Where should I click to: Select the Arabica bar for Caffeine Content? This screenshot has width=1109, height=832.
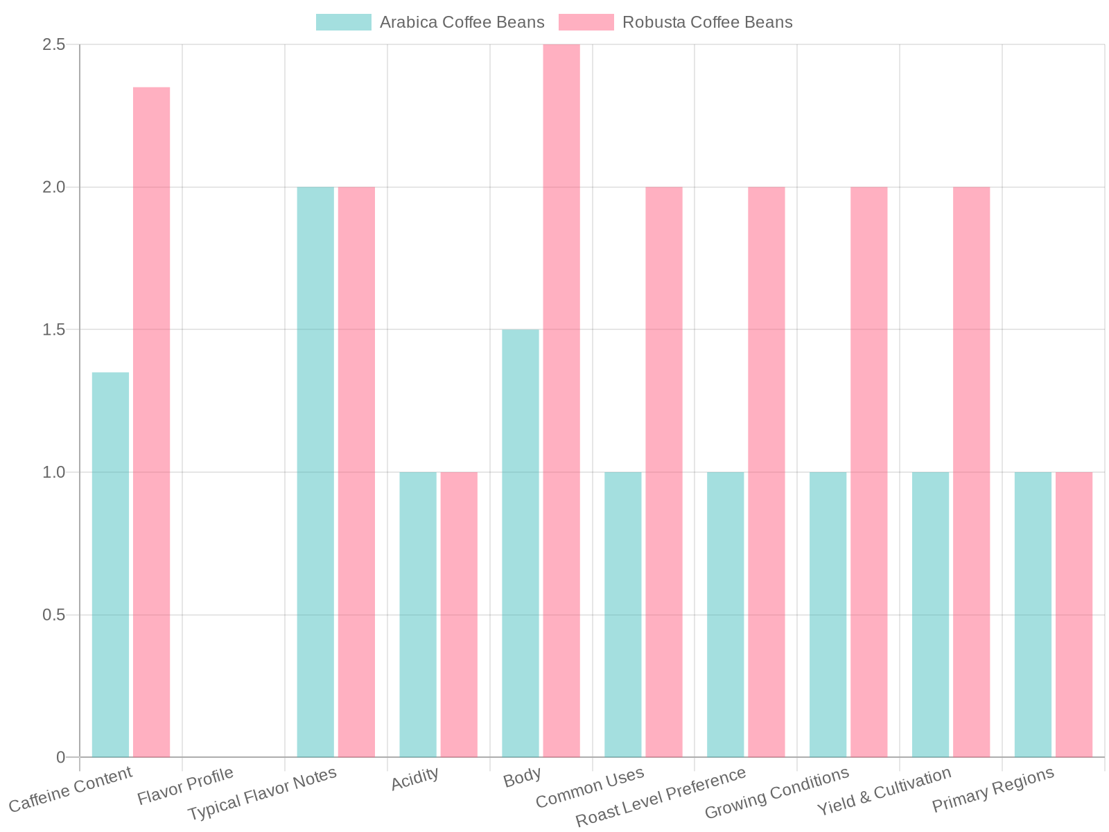[110, 564]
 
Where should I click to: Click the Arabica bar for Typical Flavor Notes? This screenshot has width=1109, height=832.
[315, 471]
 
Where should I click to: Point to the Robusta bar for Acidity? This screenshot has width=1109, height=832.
[459, 614]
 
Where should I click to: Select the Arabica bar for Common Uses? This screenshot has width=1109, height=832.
[623, 614]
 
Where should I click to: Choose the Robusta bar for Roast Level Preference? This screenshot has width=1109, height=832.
[767, 471]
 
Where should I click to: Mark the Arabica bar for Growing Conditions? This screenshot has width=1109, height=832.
[828, 614]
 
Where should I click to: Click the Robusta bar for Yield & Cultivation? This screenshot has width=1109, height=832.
[972, 471]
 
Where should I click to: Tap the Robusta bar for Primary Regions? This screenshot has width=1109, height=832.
[1074, 614]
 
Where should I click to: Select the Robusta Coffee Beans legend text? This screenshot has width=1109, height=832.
[707, 22]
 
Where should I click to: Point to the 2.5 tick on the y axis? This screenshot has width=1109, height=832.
[53, 44]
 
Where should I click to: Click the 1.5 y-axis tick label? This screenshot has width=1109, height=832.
[53, 329]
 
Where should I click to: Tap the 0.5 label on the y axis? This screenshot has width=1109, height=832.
[53, 615]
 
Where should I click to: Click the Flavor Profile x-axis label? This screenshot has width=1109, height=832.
[186, 787]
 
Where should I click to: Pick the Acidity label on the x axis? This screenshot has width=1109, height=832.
[415, 779]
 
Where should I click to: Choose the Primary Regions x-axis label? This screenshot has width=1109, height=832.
[993, 790]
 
